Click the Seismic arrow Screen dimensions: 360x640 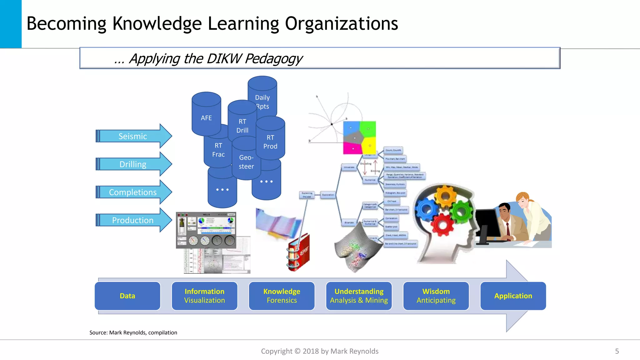(133, 136)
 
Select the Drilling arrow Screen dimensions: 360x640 (133, 164)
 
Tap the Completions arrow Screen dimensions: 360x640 (133, 192)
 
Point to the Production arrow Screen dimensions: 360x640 (133, 220)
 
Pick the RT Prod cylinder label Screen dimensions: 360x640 (270, 142)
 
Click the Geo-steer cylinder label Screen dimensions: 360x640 (246, 162)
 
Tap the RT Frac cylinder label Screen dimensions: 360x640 (218, 150)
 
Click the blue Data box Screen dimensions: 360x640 (127, 296)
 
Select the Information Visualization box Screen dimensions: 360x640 (204, 296)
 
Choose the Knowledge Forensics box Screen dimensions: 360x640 (282, 296)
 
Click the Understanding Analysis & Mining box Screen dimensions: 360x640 (359, 296)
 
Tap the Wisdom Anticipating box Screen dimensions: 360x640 (436, 296)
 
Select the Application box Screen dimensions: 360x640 (513, 296)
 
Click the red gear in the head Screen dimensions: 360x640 (442, 224)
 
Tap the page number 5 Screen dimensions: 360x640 (617, 351)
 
